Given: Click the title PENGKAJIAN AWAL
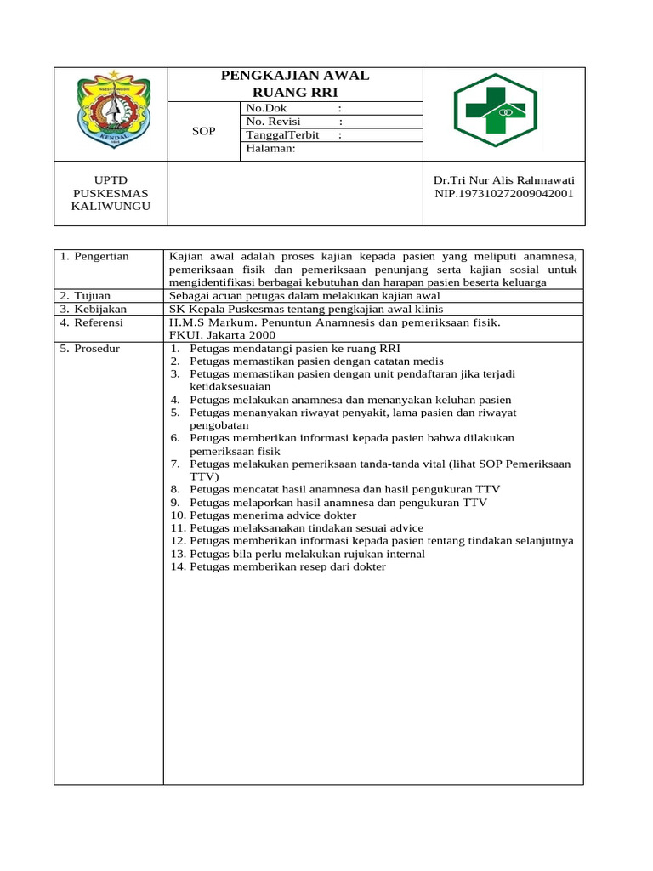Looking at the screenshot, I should point(295,76).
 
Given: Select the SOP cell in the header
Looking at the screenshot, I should point(203,131).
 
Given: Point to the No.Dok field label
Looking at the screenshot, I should point(267,108).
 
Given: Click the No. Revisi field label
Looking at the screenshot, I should point(273,122).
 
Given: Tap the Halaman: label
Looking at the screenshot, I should point(270,148).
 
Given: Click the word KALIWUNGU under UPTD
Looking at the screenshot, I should point(110,207).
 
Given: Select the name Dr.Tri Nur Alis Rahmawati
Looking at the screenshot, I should point(503,180).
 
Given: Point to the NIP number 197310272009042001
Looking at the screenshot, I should point(503,193).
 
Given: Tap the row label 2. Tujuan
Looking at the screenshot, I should point(87,295).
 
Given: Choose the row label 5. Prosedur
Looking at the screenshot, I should point(90,349).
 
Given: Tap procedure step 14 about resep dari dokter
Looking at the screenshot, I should point(278,566).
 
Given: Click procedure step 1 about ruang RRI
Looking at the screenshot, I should point(285,349).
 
